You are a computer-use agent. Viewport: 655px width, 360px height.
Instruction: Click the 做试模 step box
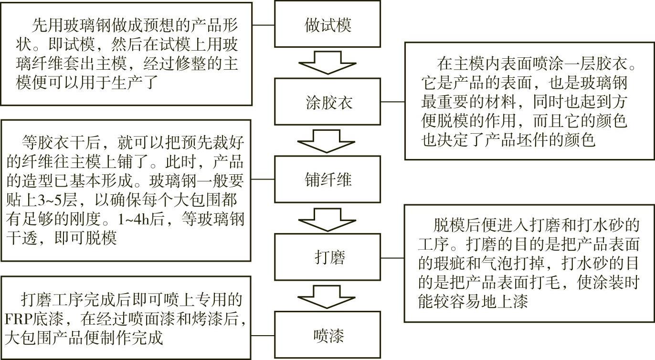pos(327,24)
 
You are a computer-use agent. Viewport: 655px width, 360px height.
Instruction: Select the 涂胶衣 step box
pos(327,102)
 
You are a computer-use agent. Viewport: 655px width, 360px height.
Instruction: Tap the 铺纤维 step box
pos(327,180)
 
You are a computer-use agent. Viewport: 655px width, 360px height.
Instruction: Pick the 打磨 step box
pos(327,258)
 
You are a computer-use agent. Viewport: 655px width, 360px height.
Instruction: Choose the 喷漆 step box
pos(327,336)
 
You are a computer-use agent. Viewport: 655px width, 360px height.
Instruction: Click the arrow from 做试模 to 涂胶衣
pos(327,63)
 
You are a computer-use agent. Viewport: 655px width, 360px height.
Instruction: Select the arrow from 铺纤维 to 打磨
pos(327,219)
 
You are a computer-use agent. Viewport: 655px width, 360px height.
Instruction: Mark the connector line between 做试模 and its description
pos(263,24)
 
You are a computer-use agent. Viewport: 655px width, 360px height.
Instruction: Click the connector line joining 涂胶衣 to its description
pos(393,102)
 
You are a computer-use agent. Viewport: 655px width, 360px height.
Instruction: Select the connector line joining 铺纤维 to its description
pos(262,180)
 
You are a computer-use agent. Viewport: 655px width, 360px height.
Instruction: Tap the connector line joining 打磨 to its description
pos(393,258)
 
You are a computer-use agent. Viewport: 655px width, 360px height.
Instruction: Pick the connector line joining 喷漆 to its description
pos(263,336)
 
